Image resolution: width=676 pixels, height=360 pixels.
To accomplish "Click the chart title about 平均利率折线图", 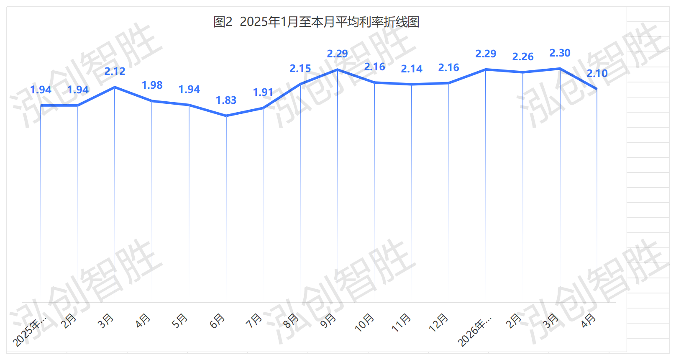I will [316, 22].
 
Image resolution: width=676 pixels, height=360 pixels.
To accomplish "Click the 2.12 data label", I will [115, 72].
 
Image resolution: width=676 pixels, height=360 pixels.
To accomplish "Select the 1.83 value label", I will [226, 100].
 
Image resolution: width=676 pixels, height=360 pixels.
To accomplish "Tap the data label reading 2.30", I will [560, 53].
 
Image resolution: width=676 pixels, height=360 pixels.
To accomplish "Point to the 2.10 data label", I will [597, 74].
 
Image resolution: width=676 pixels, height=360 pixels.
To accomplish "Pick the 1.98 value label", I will [152, 85].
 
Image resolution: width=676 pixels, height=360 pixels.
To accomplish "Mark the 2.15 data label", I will [300, 69].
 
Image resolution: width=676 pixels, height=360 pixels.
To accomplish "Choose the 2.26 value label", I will [523, 57].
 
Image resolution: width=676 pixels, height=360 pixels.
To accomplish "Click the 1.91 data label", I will [263, 93].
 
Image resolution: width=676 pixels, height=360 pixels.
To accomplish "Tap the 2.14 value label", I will [412, 69].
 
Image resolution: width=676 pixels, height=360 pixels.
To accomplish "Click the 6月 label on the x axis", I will [217, 321].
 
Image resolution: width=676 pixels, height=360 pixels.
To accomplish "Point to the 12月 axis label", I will [438, 323].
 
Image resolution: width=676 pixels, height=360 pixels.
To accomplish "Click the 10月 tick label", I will [364, 323].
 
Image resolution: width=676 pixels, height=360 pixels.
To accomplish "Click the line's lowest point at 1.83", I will [226, 116].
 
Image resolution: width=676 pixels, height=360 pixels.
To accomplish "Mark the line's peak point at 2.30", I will [560, 69].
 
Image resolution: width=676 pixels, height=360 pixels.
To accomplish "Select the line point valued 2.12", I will [115, 87].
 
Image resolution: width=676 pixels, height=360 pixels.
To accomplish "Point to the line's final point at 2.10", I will [597, 89].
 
